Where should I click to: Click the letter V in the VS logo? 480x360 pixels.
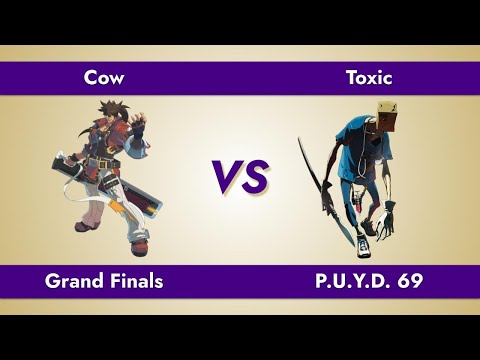(x=226, y=178)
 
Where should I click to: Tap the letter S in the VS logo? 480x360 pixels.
(x=255, y=178)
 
